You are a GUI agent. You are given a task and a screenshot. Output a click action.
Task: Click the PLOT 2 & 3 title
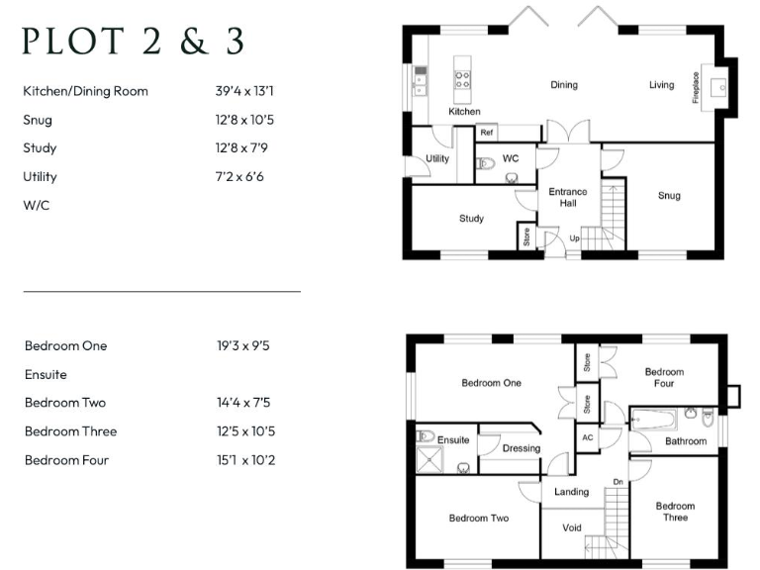(x=133, y=42)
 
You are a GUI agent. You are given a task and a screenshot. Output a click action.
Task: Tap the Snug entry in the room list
(x=38, y=120)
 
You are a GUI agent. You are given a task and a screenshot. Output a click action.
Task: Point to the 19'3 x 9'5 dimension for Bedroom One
(x=243, y=346)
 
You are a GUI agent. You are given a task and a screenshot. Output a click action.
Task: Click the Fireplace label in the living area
(x=696, y=86)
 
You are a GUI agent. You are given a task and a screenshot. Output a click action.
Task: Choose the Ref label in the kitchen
(x=487, y=133)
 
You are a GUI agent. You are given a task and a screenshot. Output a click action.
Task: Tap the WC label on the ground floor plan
(x=511, y=158)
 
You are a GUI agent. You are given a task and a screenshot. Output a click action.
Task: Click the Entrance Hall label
(x=568, y=197)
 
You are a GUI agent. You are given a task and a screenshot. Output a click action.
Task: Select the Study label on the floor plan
(x=471, y=218)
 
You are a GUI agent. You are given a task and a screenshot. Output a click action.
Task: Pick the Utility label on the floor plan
(x=437, y=158)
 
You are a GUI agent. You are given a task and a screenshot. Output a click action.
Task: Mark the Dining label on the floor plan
(x=564, y=85)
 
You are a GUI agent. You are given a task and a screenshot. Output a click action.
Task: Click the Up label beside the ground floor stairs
(x=574, y=237)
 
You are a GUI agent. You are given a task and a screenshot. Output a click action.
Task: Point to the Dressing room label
(x=522, y=448)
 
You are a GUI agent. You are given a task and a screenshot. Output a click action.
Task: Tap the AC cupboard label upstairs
(x=587, y=437)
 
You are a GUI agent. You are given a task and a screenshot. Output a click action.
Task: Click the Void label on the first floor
(x=572, y=527)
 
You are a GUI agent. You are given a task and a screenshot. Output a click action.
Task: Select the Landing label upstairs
(x=572, y=492)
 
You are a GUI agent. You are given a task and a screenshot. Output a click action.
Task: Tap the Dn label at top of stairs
(x=617, y=482)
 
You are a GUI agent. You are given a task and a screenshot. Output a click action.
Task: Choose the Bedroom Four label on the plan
(x=664, y=378)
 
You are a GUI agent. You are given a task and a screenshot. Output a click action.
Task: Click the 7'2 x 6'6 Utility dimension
(x=240, y=177)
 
